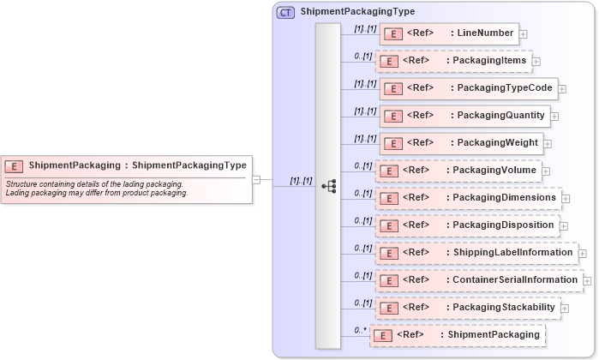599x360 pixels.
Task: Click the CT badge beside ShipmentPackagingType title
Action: (x=285, y=12)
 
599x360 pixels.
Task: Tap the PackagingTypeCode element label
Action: (x=506, y=88)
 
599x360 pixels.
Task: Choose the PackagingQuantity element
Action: (x=501, y=116)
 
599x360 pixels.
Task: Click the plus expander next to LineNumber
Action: (x=524, y=34)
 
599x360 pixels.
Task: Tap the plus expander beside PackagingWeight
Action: (x=548, y=144)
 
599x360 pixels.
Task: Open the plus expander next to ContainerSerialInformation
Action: (x=587, y=280)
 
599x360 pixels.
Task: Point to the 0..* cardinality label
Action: (x=362, y=329)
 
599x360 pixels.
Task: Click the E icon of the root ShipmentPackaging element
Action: (x=14, y=165)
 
